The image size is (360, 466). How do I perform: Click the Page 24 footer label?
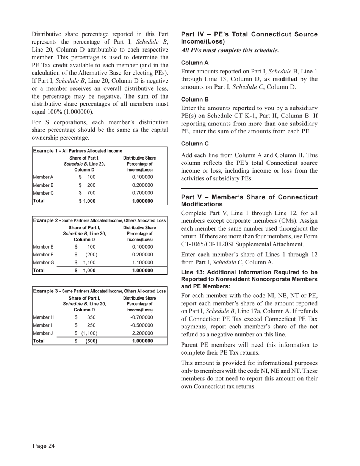[44, 446]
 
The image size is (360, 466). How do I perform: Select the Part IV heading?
[249, 38]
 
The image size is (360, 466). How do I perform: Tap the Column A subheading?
[195, 63]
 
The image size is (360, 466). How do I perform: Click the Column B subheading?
[195, 100]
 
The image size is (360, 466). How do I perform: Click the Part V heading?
[249, 201]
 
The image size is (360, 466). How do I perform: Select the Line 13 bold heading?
[249, 279]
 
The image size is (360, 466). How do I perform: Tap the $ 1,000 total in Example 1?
[87, 201]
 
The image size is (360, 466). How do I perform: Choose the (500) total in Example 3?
[90, 341]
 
